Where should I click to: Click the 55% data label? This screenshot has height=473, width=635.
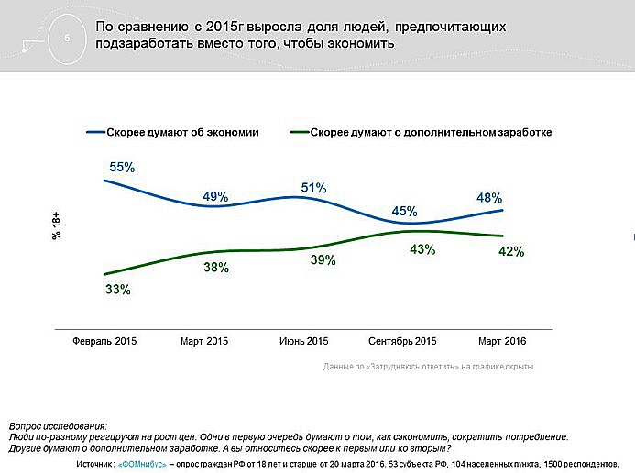122,168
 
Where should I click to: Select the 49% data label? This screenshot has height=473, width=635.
216,196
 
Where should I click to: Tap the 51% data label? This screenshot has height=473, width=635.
313,189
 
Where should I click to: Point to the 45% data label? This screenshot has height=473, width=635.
404,211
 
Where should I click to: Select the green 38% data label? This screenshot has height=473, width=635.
216,268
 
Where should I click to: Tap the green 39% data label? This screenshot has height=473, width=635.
323,260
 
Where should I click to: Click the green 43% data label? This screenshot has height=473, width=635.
422,249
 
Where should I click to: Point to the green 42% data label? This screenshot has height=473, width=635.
510,252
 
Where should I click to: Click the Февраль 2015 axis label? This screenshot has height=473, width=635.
104,341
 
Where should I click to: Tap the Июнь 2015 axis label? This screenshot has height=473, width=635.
302,341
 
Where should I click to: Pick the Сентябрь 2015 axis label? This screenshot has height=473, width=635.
402,341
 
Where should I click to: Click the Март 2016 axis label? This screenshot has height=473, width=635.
503,341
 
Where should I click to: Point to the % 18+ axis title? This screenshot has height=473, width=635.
56,225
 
